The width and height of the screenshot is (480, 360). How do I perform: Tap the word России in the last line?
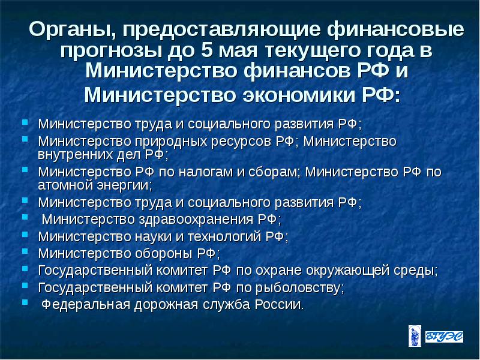(279, 304)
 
